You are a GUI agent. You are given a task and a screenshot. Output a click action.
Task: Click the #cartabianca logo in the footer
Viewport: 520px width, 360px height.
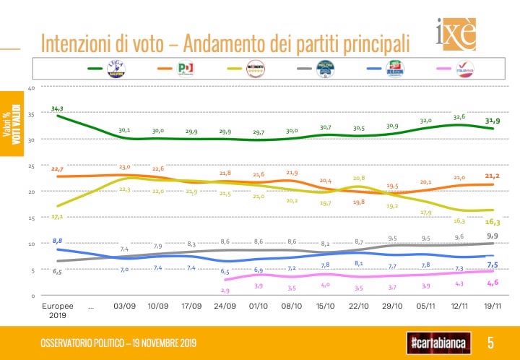[438, 341]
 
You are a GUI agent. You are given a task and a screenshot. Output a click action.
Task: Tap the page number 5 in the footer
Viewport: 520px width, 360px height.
[490, 341]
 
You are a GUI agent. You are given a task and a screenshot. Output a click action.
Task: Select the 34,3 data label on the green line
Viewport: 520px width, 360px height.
[58, 108]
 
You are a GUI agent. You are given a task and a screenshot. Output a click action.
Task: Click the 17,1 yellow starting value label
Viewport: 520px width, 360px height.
[58, 215]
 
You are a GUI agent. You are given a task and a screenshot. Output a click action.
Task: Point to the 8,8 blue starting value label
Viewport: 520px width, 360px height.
[58, 239]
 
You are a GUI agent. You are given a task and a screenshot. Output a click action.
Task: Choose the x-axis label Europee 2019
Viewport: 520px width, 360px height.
[58, 310]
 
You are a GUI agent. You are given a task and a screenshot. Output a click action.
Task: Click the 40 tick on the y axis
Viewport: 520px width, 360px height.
[31, 87]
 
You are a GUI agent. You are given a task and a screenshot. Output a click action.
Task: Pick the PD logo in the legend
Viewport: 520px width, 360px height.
[186, 69]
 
